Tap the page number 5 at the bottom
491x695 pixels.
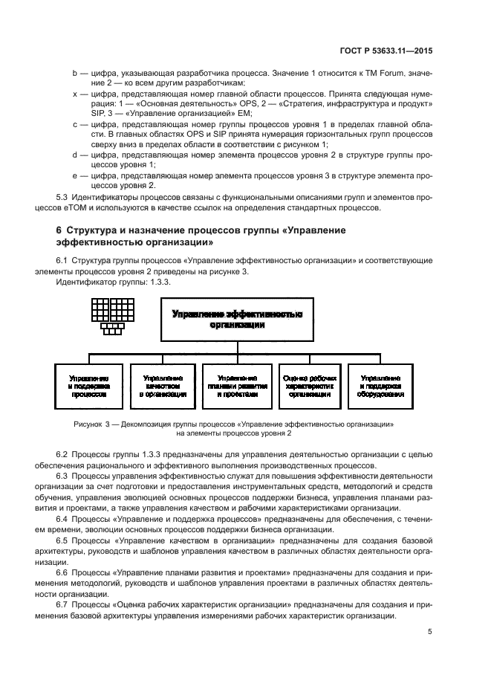tap(429, 632)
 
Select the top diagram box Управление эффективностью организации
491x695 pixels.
tap(237, 319)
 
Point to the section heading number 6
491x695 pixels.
tap(59, 230)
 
